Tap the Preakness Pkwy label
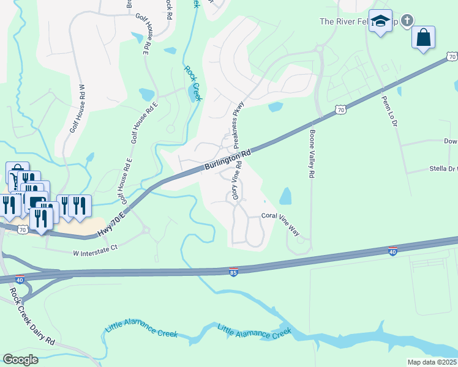(x=238, y=121)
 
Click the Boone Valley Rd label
(x=312, y=154)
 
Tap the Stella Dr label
(x=444, y=169)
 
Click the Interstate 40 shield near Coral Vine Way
(x=392, y=251)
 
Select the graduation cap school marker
(x=381, y=21)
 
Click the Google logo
(x=20, y=359)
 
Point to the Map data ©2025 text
(x=432, y=362)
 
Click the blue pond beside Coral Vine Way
(x=285, y=196)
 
